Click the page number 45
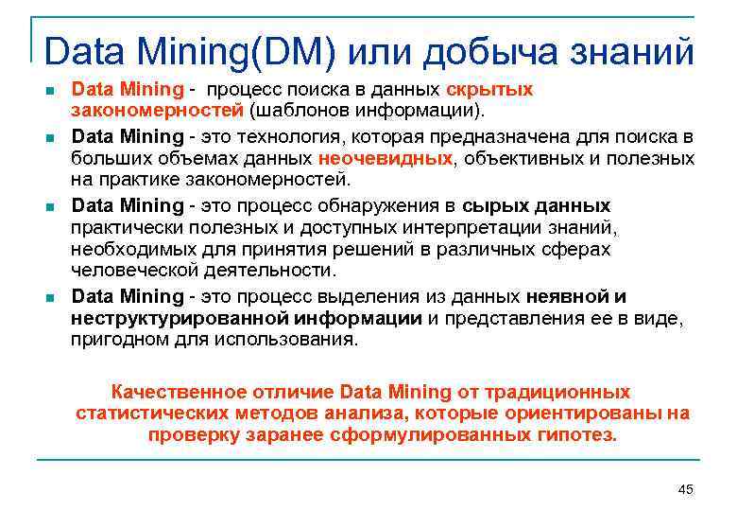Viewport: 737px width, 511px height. click(x=686, y=488)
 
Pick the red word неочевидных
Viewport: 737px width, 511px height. click(x=386, y=158)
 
